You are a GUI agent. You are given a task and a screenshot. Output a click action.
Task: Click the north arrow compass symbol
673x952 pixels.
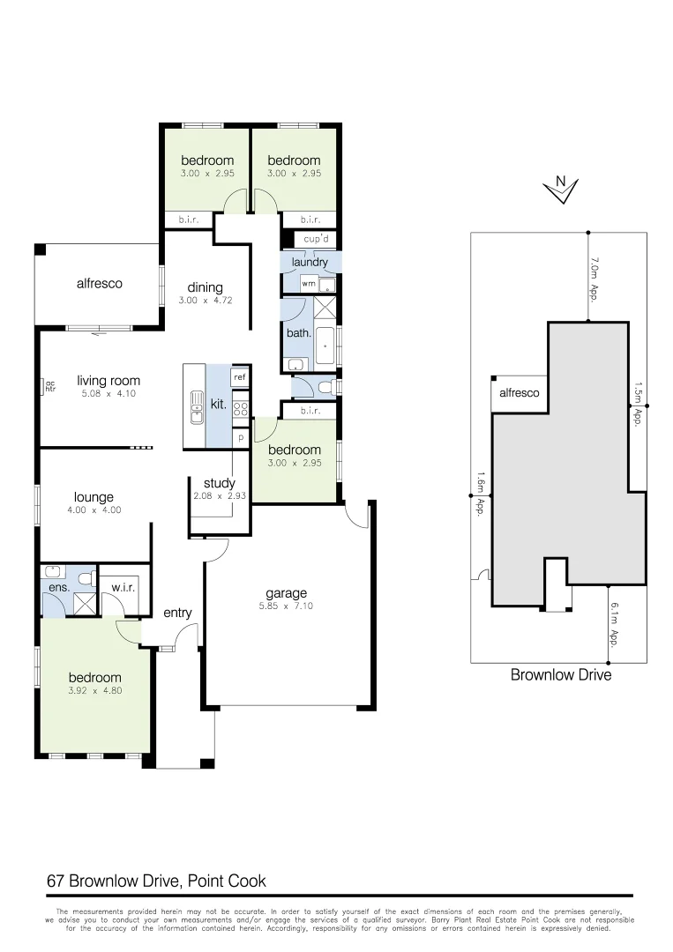pos(560,189)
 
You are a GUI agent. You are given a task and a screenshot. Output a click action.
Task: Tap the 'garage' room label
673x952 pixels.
pos(287,593)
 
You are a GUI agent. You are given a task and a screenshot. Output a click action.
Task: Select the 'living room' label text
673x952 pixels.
pos(108,381)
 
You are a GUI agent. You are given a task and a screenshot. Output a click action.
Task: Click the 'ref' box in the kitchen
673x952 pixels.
pos(239,376)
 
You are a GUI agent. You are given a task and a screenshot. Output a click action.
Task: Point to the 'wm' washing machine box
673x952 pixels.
pos(308,284)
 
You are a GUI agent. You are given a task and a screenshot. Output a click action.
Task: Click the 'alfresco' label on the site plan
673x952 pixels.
pos(519,393)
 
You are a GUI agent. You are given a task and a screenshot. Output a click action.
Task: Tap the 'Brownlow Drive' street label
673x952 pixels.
pos(560,675)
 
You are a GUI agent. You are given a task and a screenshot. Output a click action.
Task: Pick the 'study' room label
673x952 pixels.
pos(219,483)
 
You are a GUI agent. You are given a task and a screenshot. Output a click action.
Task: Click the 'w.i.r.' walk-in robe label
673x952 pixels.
pos(123,587)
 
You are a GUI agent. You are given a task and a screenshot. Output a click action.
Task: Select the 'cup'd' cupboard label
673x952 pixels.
pos(316,240)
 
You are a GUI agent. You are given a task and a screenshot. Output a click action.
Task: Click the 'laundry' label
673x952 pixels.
pos(310,262)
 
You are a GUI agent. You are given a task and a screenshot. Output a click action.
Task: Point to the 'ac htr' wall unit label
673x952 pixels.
pos(49,385)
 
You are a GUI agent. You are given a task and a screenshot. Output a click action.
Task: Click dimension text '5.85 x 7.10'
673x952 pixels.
pos(287,606)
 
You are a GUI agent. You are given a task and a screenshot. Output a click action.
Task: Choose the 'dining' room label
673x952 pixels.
pos(205,287)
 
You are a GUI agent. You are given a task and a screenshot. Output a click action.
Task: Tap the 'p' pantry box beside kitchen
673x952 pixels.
pos(239,436)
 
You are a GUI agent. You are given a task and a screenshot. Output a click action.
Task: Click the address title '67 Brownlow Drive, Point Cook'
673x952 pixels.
pos(156,881)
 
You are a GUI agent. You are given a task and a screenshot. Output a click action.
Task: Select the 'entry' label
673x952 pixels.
pos(176,614)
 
